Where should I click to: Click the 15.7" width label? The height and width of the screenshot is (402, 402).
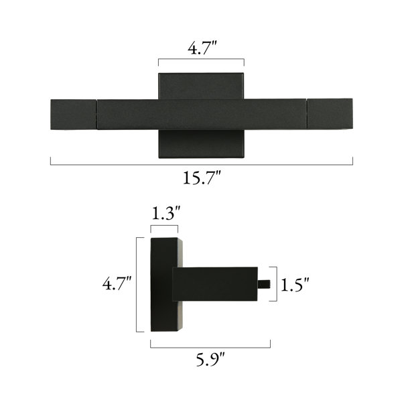click(x=202, y=178)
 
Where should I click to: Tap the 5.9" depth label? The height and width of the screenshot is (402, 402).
click(x=210, y=359)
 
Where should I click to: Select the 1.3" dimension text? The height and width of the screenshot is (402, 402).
click(x=166, y=213)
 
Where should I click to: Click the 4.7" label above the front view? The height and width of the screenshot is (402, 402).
click(x=202, y=48)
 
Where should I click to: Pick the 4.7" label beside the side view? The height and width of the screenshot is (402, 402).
click(x=117, y=283)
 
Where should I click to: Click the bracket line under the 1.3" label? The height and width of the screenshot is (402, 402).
click(x=164, y=226)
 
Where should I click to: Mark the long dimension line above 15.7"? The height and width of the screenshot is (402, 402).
click(x=202, y=164)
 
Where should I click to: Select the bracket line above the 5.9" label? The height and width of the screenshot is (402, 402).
click(x=210, y=347)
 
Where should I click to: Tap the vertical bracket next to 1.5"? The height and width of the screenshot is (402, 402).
click(x=276, y=284)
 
